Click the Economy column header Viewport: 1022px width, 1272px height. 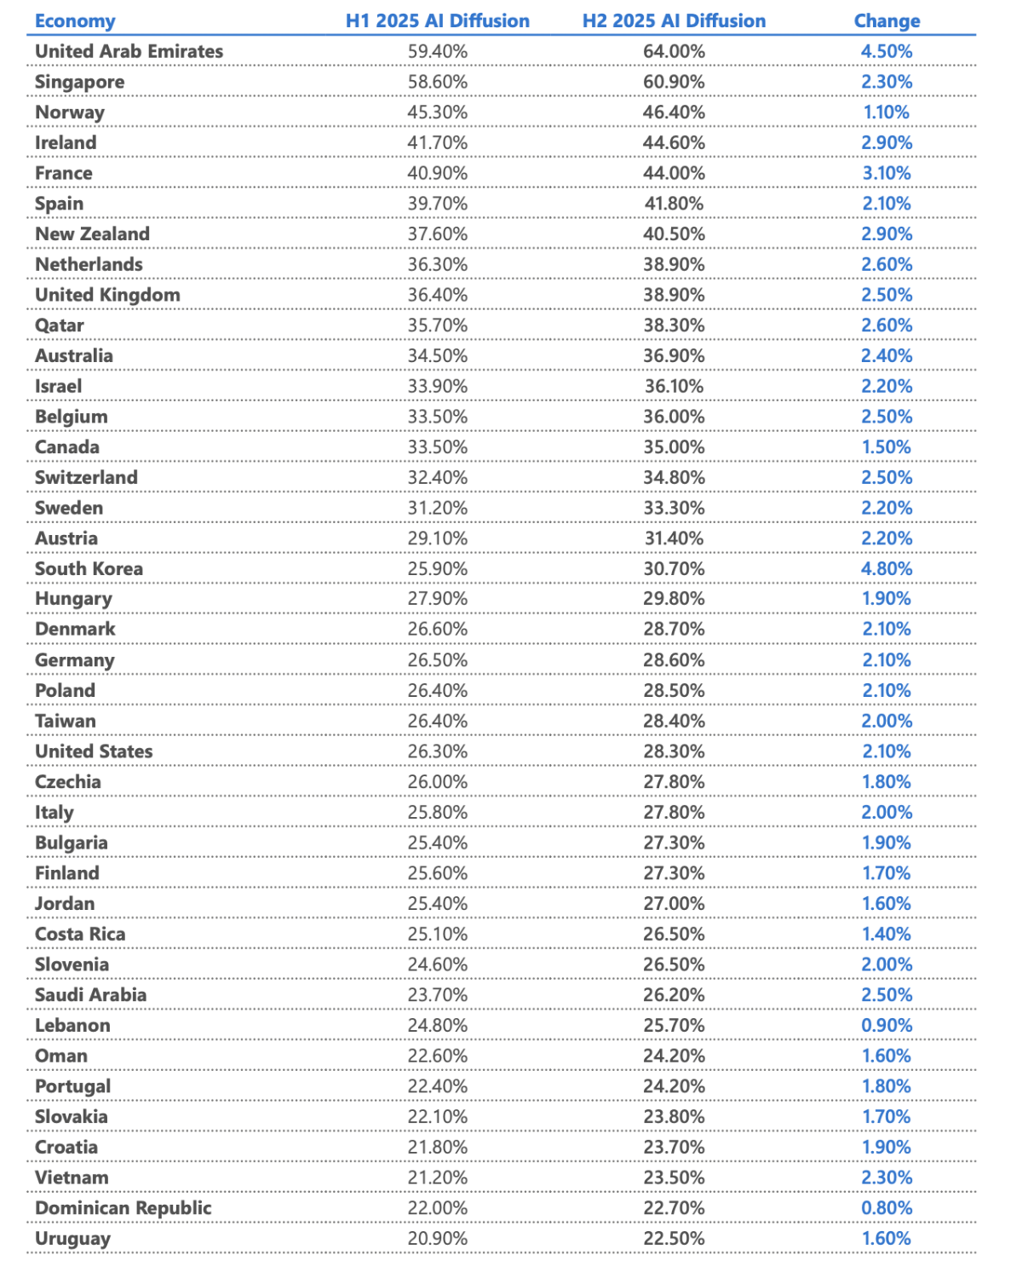pyautogui.click(x=75, y=21)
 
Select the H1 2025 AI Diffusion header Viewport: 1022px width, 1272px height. pyautogui.click(x=437, y=21)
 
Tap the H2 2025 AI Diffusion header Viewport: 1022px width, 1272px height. pyautogui.click(x=674, y=21)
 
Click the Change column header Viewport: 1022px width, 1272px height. pyautogui.click(x=887, y=21)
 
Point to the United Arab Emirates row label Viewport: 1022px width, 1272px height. pyautogui.click(x=129, y=51)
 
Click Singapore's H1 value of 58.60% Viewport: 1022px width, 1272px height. pyautogui.click(x=437, y=82)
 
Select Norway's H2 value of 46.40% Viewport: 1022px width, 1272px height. pyautogui.click(x=674, y=112)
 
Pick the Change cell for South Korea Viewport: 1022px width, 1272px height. pyautogui.click(x=887, y=568)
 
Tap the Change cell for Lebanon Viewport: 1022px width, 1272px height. pyautogui.click(x=887, y=1025)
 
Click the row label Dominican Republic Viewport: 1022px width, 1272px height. pyautogui.click(x=123, y=1208)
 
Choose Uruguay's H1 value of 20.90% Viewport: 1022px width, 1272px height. pyautogui.click(x=437, y=1239)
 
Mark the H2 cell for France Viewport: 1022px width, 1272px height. pyautogui.click(x=674, y=173)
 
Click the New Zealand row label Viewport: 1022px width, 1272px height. pyautogui.click(x=92, y=234)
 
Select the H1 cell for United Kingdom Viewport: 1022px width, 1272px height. pyautogui.click(x=437, y=295)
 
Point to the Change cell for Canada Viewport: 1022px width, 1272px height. pyautogui.click(x=887, y=447)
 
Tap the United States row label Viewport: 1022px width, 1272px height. pyautogui.click(x=94, y=751)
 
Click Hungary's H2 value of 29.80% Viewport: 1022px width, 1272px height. pyautogui.click(x=674, y=599)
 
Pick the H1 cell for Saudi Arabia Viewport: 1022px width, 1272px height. pyautogui.click(x=437, y=995)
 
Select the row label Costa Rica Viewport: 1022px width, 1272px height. pyautogui.click(x=80, y=934)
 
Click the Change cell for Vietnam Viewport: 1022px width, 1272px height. pyautogui.click(x=887, y=1177)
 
